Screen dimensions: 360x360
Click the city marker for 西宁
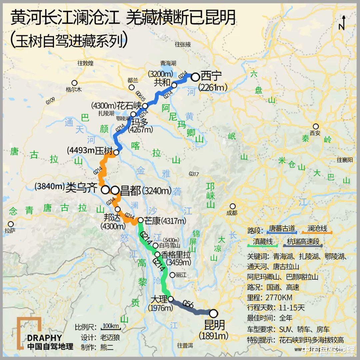coord(195,77)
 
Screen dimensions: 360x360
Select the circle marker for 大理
coord(171,299)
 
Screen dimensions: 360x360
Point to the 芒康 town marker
coord(141,220)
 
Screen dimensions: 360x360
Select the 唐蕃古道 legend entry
coord(282,229)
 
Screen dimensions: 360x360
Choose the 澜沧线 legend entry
coord(317,229)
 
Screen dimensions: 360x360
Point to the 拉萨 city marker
coord(11,224)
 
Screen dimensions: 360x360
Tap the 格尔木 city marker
coord(74,83)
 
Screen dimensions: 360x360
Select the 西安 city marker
coord(315,126)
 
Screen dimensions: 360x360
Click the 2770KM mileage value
coord(279,297)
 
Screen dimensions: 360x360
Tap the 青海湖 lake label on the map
coord(168,63)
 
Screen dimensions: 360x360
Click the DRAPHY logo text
coord(45,338)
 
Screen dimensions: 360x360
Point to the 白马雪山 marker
coord(155,246)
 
